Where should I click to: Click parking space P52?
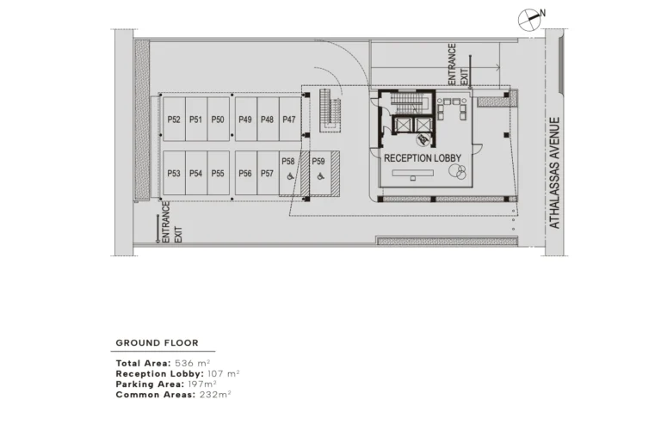tap(174, 120)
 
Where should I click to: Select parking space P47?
tap(288, 120)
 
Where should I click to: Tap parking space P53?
tap(174, 174)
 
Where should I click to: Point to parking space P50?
tap(218, 120)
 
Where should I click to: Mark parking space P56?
tap(245, 174)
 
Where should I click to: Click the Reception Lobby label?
tap(423, 158)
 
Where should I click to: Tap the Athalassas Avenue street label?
tap(555, 173)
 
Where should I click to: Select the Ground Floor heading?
tap(158, 343)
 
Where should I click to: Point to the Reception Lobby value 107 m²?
tap(224, 374)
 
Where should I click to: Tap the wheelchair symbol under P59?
tap(319, 177)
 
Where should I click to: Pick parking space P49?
tap(245, 120)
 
